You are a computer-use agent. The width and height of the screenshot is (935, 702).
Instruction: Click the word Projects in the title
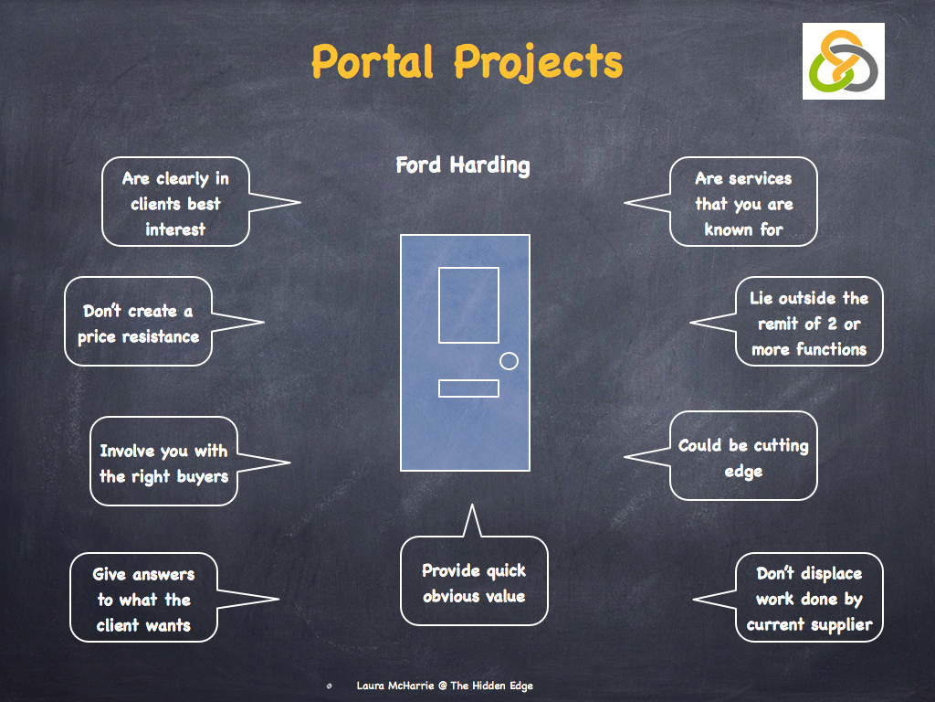(539, 62)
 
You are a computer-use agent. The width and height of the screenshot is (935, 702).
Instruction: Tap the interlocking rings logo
(843, 61)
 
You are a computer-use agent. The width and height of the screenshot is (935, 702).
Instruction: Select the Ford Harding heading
(462, 165)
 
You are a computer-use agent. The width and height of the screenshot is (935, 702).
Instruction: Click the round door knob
(509, 361)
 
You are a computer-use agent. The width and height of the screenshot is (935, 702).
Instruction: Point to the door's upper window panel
(468, 304)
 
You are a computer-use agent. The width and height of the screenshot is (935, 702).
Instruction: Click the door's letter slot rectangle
(468, 388)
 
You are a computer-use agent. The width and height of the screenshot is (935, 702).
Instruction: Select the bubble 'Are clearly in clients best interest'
(175, 203)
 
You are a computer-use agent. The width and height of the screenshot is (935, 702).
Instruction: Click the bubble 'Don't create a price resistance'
(139, 324)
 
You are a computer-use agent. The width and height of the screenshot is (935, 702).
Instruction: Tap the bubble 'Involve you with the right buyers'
(163, 463)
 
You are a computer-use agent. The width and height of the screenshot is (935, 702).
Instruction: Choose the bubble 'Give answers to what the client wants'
(144, 600)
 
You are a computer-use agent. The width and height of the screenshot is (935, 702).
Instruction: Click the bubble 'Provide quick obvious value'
(474, 582)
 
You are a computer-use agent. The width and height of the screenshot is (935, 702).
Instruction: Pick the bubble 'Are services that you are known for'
(743, 203)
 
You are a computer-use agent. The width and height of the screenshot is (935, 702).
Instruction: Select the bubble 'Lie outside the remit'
(809, 323)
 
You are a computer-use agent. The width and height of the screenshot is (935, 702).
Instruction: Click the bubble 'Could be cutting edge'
(743, 457)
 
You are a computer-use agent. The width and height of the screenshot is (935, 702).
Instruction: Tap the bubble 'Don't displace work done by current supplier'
(809, 599)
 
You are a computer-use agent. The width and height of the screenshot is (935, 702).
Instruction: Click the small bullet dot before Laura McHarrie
(329, 686)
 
